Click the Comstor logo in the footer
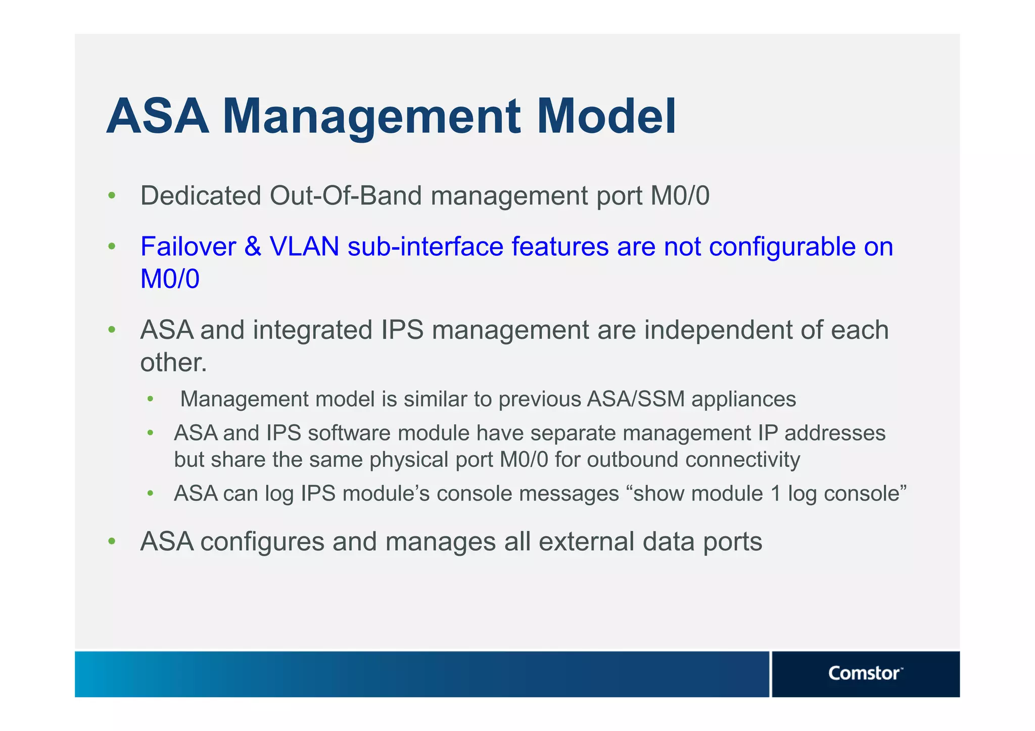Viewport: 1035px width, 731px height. [x=865, y=673]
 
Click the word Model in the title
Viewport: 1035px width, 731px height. [x=606, y=117]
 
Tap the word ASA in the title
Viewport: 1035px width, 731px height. [x=158, y=117]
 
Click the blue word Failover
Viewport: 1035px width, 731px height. [x=188, y=247]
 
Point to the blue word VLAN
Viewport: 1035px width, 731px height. [x=304, y=247]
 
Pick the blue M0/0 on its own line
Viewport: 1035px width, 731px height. [x=170, y=278]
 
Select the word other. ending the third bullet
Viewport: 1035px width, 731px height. [x=173, y=362]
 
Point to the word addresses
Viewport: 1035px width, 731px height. [x=834, y=433]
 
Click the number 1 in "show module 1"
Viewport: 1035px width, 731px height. [x=775, y=493]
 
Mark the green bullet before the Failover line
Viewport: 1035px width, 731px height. [x=112, y=247]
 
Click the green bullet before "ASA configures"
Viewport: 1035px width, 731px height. [x=112, y=542]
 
